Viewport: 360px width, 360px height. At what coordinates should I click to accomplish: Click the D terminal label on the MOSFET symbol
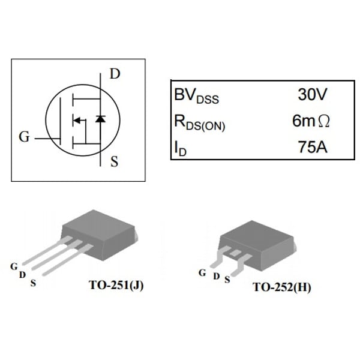[115, 74]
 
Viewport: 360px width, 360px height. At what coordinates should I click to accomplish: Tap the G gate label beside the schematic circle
[24, 137]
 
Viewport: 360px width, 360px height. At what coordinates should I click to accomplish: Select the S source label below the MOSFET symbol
[114, 161]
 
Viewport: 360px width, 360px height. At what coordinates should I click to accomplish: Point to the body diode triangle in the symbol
[100, 119]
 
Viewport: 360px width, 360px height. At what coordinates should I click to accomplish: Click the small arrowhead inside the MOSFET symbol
[76, 121]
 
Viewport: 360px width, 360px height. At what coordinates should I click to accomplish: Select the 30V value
[312, 95]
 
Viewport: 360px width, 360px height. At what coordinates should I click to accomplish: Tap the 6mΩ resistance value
[311, 121]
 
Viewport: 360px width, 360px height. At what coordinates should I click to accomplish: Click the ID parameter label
[180, 148]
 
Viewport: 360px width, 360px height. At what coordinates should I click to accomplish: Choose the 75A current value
[313, 146]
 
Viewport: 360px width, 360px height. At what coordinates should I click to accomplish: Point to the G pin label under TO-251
[13, 266]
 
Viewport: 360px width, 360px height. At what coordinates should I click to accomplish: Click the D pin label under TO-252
[216, 277]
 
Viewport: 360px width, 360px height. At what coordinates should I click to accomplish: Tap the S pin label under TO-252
[227, 280]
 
